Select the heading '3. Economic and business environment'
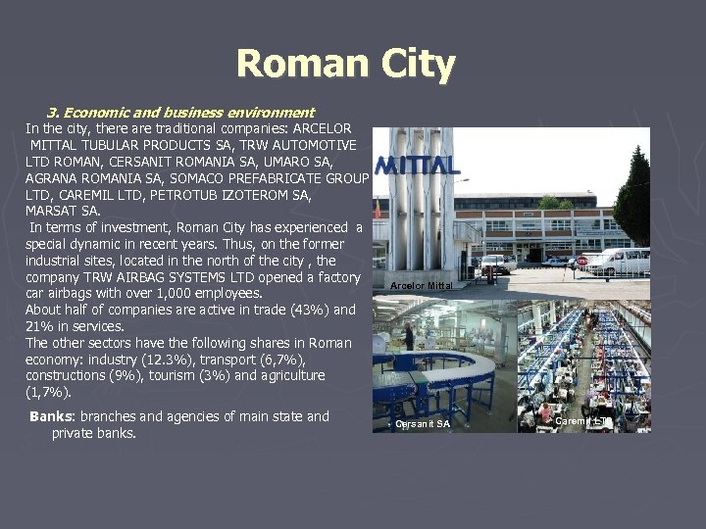pyautogui.click(x=180, y=113)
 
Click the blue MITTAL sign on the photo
pyautogui.click(x=417, y=166)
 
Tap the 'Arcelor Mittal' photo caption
pyautogui.click(x=421, y=286)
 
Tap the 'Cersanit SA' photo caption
pyautogui.click(x=423, y=424)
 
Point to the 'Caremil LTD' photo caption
pyautogui.click(x=584, y=421)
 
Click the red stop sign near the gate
pyautogui.click(x=580, y=262)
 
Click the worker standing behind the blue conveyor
pyautogui.click(x=408, y=336)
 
